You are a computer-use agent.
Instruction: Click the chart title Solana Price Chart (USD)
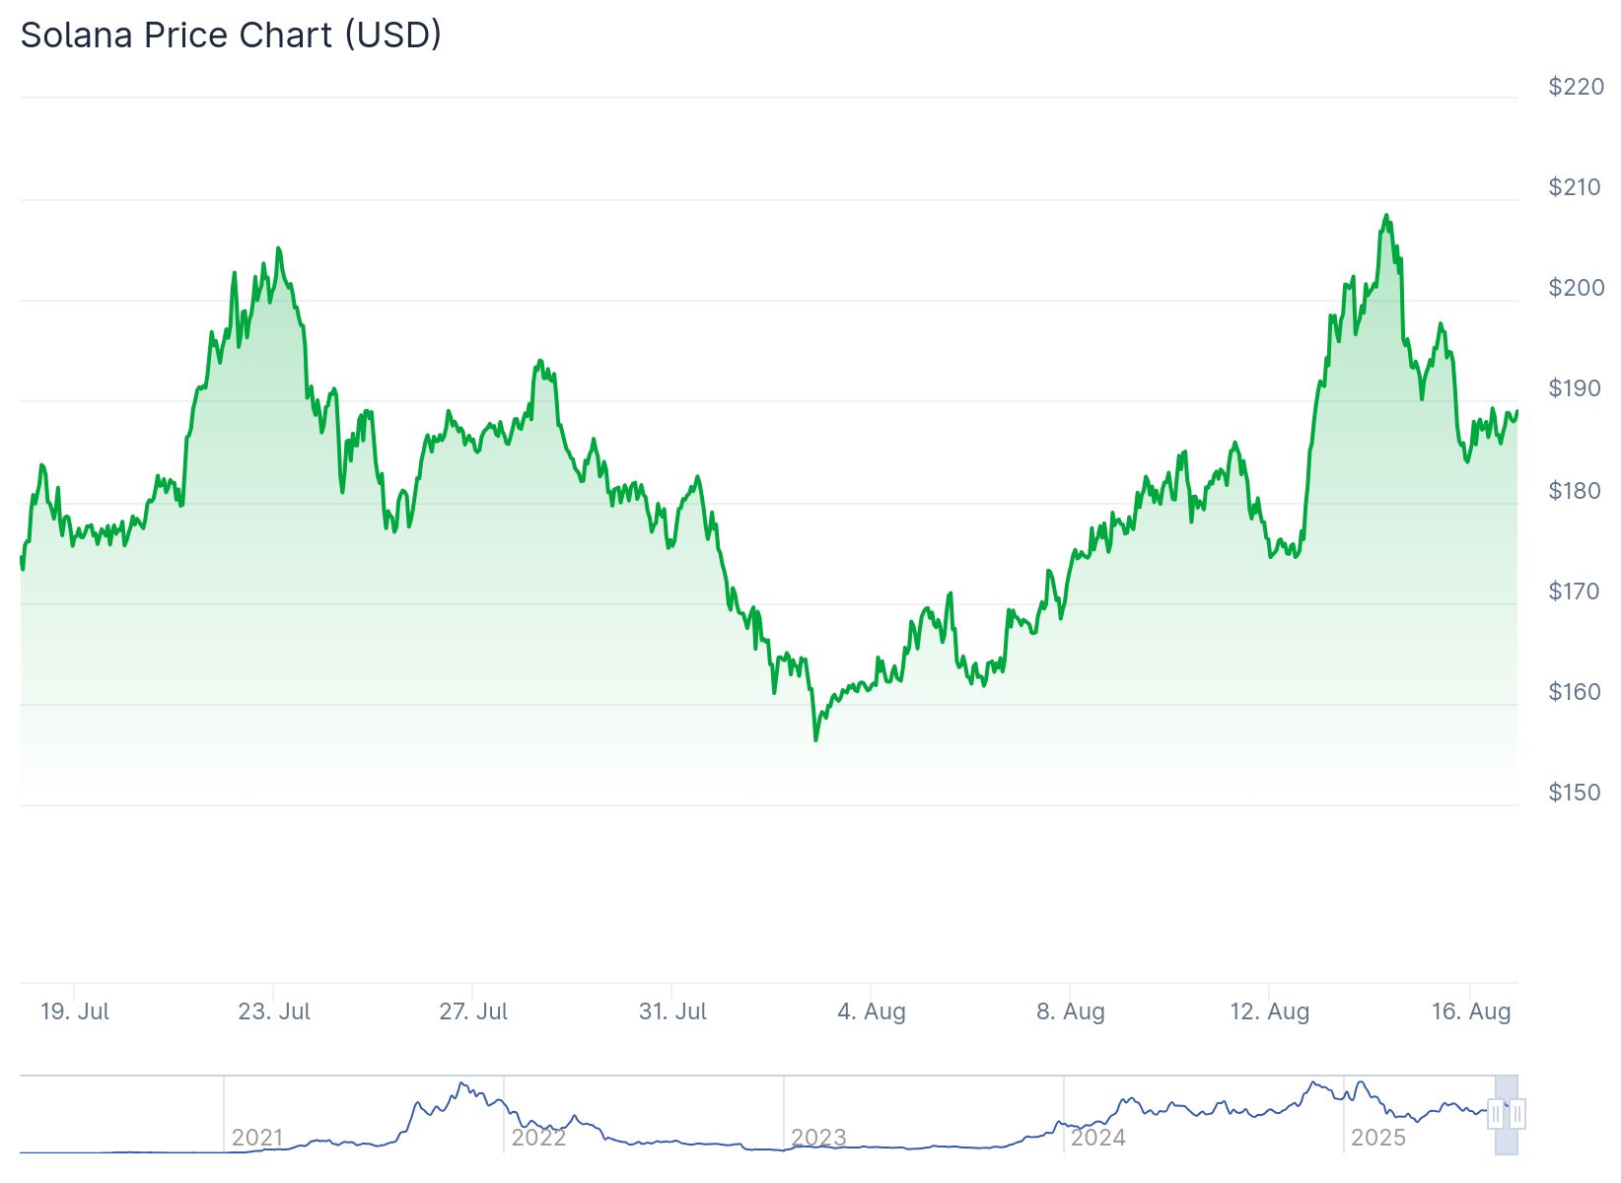click(x=231, y=35)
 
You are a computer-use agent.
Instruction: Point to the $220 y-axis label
click(x=1576, y=87)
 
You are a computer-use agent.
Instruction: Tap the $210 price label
click(x=1576, y=187)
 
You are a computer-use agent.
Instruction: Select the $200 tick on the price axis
click(x=1576, y=288)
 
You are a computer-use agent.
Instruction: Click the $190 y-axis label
click(x=1576, y=388)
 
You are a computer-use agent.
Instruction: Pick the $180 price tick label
click(x=1576, y=490)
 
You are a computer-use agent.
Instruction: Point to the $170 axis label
click(x=1576, y=591)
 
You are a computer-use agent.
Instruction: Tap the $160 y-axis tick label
click(x=1576, y=692)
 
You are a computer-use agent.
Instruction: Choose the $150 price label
click(x=1576, y=793)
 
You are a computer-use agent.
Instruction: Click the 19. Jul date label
click(x=75, y=1011)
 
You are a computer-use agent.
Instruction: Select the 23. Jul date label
click(x=274, y=1011)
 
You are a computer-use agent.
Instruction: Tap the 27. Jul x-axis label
click(x=473, y=1011)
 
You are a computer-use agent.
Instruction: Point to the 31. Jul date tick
click(x=672, y=1011)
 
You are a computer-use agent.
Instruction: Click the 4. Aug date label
click(x=872, y=1011)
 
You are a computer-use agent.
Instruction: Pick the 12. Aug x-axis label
click(x=1270, y=1011)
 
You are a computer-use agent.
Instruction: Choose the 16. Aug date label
click(x=1471, y=1011)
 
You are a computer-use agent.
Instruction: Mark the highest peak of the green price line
click(x=1386, y=215)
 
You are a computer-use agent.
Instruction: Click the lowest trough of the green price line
click(x=815, y=739)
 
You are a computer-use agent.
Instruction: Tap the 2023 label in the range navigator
click(x=818, y=1138)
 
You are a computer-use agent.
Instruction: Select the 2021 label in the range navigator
click(x=257, y=1138)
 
